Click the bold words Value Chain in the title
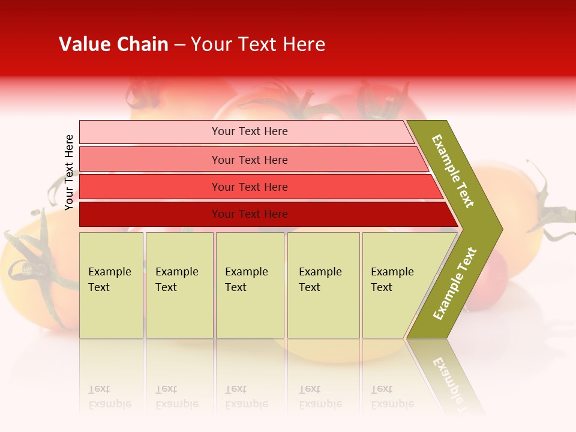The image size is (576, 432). (x=113, y=44)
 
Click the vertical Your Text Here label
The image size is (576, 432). (x=69, y=172)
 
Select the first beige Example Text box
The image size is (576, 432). (x=111, y=285)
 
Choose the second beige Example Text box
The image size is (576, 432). (x=179, y=285)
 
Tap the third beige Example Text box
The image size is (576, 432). (x=250, y=285)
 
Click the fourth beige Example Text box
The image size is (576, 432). (x=323, y=285)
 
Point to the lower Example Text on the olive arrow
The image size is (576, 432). (x=455, y=283)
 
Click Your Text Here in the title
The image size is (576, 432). (x=258, y=44)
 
